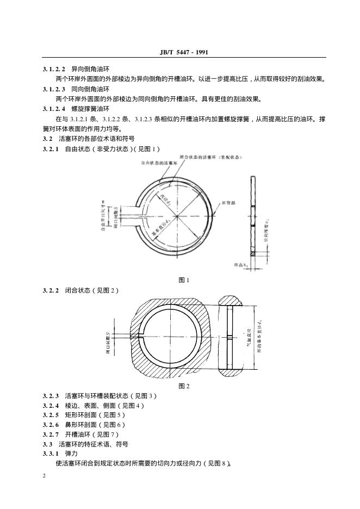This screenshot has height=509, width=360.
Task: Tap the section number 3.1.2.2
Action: (x=54, y=70)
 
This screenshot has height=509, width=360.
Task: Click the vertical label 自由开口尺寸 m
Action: (x=103, y=216)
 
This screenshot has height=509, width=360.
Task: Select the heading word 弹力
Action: (x=71, y=453)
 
